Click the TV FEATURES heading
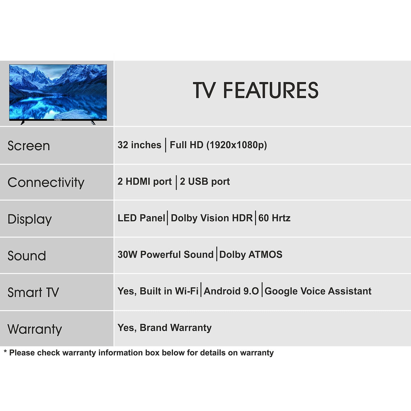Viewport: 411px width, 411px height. pyautogui.click(x=256, y=90)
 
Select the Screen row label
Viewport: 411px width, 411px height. pyautogui.click(x=29, y=146)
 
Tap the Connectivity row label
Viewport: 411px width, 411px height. pyautogui.click(x=46, y=183)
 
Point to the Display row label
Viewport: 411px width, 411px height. pyautogui.click(x=30, y=219)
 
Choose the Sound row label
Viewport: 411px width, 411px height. pyautogui.click(x=27, y=256)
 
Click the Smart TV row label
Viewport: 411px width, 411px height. pyautogui.click(x=33, y=292)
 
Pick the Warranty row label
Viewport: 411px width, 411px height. pyautogui.click(x=35, y=329)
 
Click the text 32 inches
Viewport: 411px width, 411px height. pyautogui.click(x=139, y=145)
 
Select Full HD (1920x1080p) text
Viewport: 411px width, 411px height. pyautogui.click(x=218, y=145)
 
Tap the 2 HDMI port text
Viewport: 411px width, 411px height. pyautogui.click(x=145, y=181)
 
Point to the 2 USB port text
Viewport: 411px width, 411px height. pyautogui.click(x=205, y=181)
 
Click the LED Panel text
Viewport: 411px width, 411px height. pyautogui.click(x=141, y=218)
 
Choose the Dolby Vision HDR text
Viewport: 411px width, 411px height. pyautogui.click(x=212, y=218)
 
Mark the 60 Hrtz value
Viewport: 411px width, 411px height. pyautogui.click(x=274, y=218)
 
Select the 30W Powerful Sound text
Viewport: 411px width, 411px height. pyautogui.click(x=165, y=254)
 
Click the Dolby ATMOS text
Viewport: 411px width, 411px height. pyautogui.click(x=251, y=255)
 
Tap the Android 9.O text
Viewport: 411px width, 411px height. pyautogui.click(x=231, y=291)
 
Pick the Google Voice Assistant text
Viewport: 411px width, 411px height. pyautogui.click(x=318, y=291)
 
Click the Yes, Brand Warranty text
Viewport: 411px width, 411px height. pyautogui.click(x=164, y=328)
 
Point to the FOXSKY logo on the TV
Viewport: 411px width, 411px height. pyautogui.click(x=58, y=120)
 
